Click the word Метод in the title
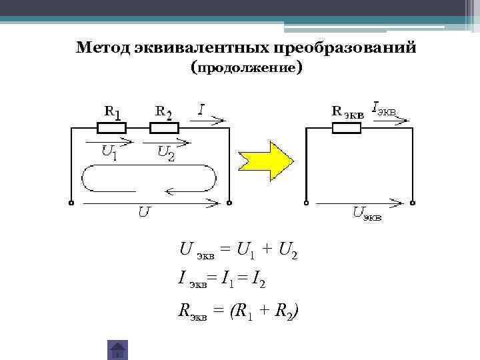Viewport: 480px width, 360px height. click(103, 48)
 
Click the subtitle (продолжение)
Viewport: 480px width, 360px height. click(246, 68)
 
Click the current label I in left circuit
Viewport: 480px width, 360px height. click(201, 109)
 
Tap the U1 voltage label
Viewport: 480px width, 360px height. click(109, 153)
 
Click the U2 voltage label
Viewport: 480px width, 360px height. click(166, 153)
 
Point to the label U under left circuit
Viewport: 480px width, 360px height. click(144, 213)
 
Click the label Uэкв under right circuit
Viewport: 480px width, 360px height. click(367, 213)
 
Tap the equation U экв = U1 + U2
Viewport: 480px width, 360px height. click(238, 251)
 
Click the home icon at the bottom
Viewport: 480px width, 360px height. click(117, 350)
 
